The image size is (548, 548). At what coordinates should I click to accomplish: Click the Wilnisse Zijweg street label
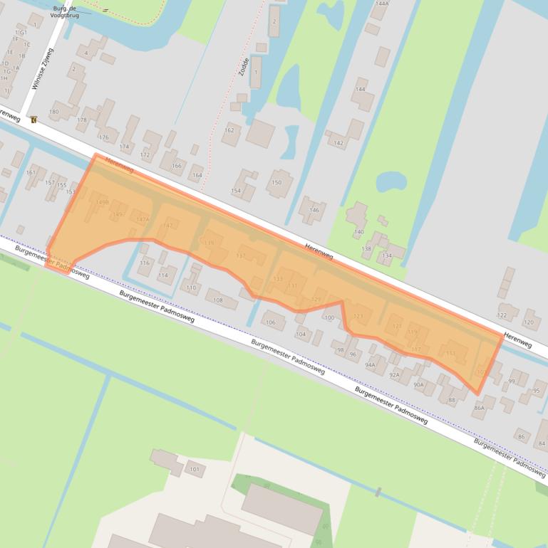(x=41, y=70)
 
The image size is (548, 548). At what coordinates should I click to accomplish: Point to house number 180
(x=53, y=112)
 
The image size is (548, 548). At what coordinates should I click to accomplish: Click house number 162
(x=229, y=130)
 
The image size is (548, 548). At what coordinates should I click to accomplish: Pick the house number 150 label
(x=276, y=183)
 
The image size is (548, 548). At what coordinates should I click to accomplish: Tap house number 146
(x=314, y=210)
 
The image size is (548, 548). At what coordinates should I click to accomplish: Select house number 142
(x=338, y=143)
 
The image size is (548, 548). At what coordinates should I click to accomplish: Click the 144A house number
(x=381, y=4)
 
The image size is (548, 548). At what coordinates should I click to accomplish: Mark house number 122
(x=502, y=315)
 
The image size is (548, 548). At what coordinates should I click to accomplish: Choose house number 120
(x=528, y=322)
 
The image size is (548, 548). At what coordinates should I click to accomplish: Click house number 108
(x=218, y=300)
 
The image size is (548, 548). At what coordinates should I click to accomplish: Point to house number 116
(x=145, y=263)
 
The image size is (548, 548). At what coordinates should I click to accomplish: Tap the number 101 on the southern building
(x=195, y=469)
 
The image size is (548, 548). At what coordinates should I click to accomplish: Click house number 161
(x=31, y=172)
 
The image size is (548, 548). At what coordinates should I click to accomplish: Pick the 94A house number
(x=370, y=364)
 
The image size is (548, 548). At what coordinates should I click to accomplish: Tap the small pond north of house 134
(x=390, y=181)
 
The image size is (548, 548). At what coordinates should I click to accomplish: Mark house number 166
(x=177, y=166)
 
